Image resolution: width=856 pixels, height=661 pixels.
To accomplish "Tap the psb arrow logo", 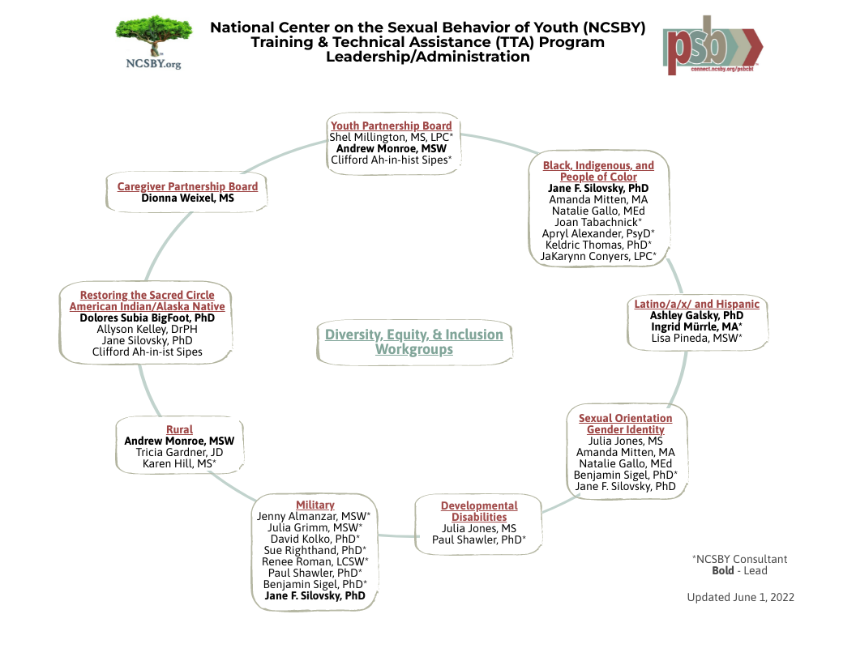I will pyautogui.click(x=713, y=45).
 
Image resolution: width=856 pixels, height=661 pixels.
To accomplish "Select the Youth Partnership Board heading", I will pyautogui.click(x=391, y=126).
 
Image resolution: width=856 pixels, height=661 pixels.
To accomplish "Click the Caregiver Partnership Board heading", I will pyautogui.click(x=187, y=186).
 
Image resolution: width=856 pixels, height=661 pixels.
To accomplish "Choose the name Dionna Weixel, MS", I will pyautogui.click(x=187, y=198).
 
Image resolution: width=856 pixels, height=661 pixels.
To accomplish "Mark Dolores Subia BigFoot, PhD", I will pyautogui.click(x=147, y=318).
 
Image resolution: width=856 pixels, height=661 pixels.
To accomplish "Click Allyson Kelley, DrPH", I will pyautogui.click(x=147, y=330).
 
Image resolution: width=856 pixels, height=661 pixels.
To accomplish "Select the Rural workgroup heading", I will pyautogui.click(x=179, y=429).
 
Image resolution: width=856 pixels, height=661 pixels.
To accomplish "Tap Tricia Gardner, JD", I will pyautogui.click(x=179, y=452).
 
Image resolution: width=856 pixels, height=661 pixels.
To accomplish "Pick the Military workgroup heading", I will pyautogui.click(x=315, y=505).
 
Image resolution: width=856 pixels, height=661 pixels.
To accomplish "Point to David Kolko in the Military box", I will pyautogui.click(x=315, y=539).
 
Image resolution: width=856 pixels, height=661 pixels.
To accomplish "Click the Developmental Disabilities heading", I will pyautogui.click(x=479, y=511).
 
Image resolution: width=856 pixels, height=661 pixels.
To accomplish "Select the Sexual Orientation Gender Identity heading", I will pyautogui.click(x=625, y=424).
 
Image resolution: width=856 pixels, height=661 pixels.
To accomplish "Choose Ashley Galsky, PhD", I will pyautogui.click(x=696, y=315).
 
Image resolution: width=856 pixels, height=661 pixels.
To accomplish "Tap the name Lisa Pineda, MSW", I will pyautogui.click(x=696, y=338).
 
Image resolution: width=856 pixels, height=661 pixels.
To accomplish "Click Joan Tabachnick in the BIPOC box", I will pyautogui.click(x=598, y=222).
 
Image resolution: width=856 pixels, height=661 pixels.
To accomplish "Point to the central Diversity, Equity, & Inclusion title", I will pyautogui.click(x=414, y=342).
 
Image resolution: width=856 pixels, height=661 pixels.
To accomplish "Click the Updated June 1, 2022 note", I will pyautogui.click(x=740, y=597).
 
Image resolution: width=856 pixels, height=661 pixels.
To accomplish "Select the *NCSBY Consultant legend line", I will pyautogui.click(x=739, y=559).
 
